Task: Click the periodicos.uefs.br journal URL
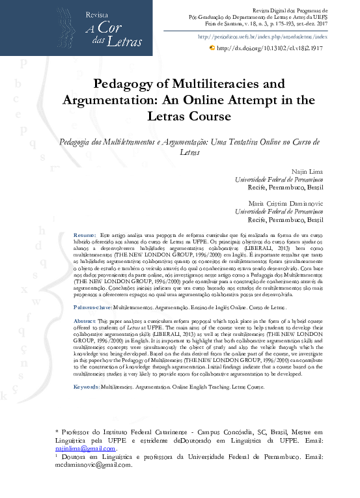262,38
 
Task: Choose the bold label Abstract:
85,322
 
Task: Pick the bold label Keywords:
87,386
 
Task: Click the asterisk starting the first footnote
57,431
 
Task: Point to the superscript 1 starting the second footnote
57,456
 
